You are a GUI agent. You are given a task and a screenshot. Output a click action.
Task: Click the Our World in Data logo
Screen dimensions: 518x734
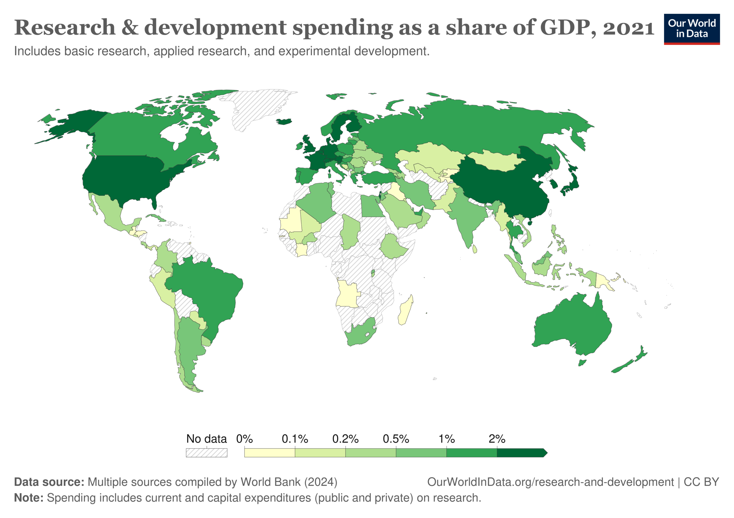[x=692, y=29]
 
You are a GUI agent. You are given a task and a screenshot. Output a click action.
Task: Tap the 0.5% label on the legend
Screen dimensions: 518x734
[x=396, y=439]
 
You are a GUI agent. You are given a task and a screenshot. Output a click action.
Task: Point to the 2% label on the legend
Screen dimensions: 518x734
[x=497, y=439]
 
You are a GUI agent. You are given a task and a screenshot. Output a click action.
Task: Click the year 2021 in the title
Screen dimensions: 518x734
[x=628, y=28]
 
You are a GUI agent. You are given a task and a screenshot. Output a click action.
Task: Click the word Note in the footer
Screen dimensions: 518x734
[x=28, y=498]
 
